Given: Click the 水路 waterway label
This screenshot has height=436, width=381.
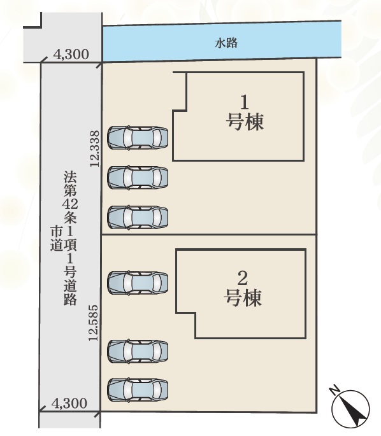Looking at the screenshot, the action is [226, 43].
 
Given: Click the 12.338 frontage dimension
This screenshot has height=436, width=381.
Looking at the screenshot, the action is [95, 148].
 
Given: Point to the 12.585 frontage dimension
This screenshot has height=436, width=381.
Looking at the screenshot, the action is [94, 323].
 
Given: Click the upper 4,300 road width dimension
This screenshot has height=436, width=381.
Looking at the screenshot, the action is [71, 55].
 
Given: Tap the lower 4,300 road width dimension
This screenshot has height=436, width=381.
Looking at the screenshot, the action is [69, 403].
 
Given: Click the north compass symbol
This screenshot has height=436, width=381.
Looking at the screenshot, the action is [350, 407].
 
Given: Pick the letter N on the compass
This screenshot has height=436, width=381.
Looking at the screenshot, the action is [334, 390].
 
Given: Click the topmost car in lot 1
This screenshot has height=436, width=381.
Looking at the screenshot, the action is [138, 137].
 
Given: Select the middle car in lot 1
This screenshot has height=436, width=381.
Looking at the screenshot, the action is [138, 178].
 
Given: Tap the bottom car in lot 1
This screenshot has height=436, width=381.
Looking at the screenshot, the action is [138, 217].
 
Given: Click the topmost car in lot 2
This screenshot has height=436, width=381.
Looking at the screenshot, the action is [138, 283].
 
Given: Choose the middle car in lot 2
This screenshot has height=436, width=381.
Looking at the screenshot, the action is [138, 351].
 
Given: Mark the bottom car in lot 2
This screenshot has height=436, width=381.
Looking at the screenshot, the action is [138, 390].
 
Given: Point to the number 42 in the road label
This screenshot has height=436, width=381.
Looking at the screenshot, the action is [70, 204].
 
